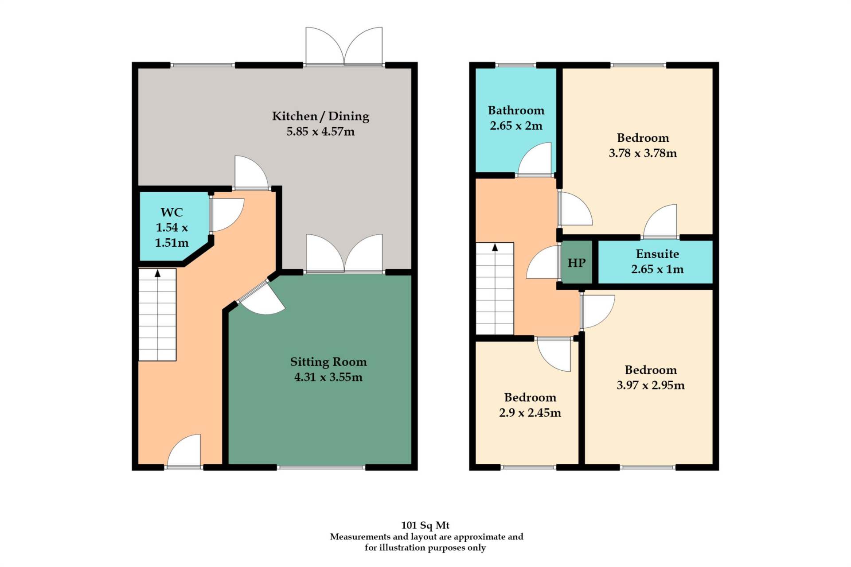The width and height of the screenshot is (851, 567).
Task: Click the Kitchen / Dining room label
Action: [x=320, y=116]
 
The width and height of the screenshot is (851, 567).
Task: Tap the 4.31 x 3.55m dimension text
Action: [x=328, y=377]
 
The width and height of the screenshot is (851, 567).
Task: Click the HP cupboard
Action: [x=576, y=263]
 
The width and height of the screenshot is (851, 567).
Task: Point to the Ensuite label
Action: [x=657, y=254]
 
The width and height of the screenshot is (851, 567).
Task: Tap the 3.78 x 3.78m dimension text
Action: [x=643, y=153]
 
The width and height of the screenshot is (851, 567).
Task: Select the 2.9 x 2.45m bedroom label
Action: [x=530, y=397]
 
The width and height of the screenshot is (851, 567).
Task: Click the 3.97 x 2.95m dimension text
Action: [x=650, y=385]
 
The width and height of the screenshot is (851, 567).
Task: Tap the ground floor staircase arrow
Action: [x=157, y=274]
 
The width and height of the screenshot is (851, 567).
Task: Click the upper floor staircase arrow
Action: [x=495, y=248]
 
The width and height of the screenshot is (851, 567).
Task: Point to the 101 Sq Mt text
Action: [x=425, y=525]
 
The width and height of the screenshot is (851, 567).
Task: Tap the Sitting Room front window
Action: [x=321, y=467]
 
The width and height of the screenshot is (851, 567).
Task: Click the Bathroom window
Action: [x=515, y=65]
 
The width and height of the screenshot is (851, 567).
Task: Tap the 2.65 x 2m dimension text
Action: [x=516, y=126]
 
